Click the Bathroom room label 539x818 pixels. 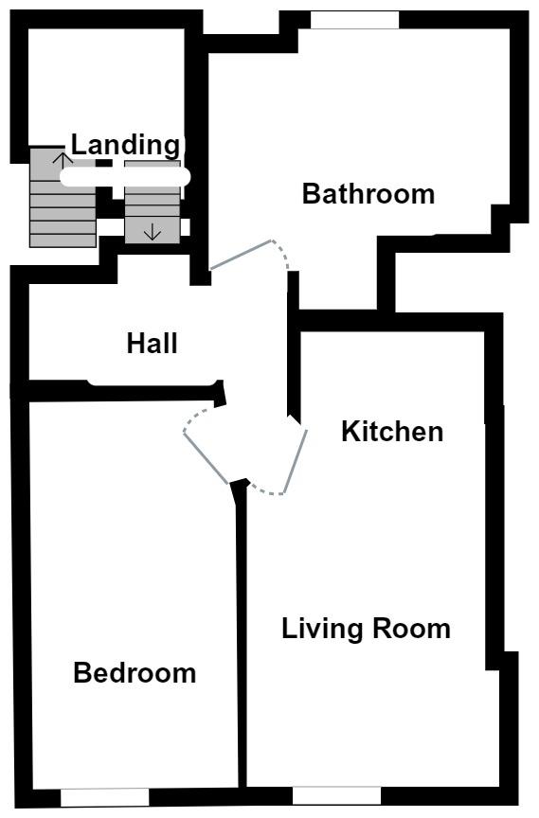[x=368, y=194]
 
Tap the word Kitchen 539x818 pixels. [x=392, y=432]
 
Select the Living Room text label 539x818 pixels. [x=366, y=629]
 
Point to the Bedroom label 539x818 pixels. [x=135, y=673]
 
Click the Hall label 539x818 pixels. [x=152, y=343]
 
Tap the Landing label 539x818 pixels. [x=125, y=145]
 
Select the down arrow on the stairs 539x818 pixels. [x=153, y=231]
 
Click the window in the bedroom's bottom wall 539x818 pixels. [x=104, y=797]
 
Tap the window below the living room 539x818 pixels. [x=336, y=796]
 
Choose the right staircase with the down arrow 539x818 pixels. [x=153, y=204]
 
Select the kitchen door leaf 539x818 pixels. [x=296, y=461]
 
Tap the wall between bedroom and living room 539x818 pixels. [x=242, y=634]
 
